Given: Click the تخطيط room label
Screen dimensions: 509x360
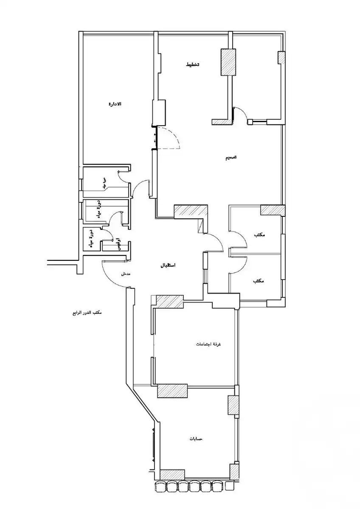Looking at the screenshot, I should tap(192, 64).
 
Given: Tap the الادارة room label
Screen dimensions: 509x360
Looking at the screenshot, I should tap(115, 104).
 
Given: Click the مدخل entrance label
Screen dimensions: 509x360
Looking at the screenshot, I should tap(125, 274).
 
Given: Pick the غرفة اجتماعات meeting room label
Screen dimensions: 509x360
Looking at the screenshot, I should tap(210, 343).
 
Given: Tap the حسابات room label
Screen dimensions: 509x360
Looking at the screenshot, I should tap(196, 438).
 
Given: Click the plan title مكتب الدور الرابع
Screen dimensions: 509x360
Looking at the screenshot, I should tap(87, 313).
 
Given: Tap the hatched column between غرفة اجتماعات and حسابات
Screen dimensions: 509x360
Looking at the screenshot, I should tap(172, 390).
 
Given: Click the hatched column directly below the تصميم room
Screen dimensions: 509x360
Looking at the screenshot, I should tap(272, 210).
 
